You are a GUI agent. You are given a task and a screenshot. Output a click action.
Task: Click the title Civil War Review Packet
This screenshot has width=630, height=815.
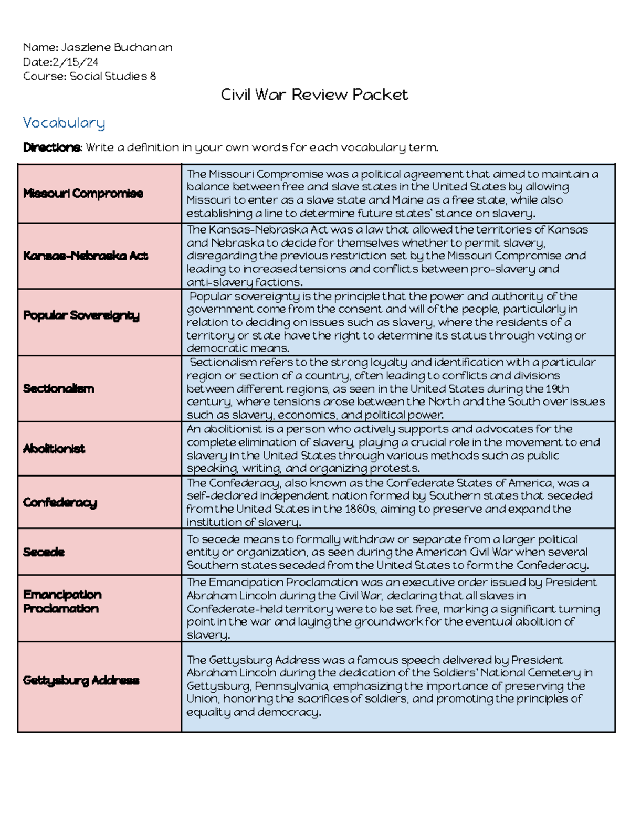314,95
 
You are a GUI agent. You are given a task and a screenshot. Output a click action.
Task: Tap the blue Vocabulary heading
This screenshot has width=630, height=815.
64,123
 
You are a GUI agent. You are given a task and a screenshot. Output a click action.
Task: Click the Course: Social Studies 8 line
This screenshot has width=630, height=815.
89,76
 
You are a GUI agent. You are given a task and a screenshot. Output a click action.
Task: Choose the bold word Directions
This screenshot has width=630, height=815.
52,147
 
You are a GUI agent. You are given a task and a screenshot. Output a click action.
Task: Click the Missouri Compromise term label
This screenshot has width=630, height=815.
83,194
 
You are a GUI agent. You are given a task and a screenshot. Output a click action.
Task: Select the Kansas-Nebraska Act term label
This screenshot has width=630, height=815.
85,256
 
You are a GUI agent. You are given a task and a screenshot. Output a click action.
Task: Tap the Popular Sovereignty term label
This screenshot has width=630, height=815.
81,315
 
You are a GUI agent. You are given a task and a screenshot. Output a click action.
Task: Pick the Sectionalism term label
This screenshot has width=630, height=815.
58,389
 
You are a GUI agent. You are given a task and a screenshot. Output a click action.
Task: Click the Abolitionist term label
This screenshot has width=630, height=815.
54,449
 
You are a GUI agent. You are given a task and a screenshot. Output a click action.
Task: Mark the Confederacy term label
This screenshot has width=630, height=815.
60,503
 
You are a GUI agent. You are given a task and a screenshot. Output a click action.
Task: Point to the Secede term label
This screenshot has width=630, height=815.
44,552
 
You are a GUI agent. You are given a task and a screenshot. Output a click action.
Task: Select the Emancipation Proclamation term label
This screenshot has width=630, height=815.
62,602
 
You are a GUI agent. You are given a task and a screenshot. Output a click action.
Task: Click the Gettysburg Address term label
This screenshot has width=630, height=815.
81,681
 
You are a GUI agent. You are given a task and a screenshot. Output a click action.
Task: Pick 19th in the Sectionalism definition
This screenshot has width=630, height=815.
556,389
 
